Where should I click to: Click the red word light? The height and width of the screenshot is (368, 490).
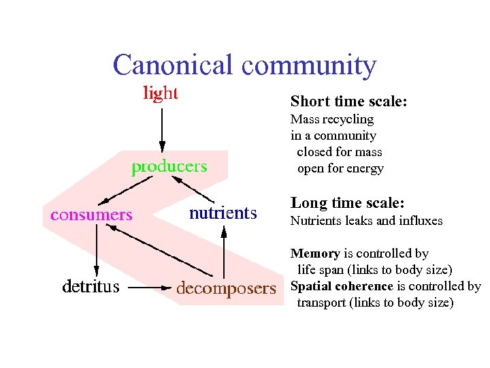tap(161, 93)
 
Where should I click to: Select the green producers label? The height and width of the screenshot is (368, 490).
tap(169, 166)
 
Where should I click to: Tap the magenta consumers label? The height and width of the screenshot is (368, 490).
tap(91, 215)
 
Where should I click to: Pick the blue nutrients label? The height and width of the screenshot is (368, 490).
tap(223, 213)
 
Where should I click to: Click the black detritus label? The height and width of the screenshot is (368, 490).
tap(91, 287)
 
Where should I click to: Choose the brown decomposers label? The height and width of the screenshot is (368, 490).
tap(226, 288)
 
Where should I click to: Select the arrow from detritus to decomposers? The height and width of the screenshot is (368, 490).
tap(147, 288)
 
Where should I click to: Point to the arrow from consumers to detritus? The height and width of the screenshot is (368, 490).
tap(96, 249)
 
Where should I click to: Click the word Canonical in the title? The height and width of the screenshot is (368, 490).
tap(174, 65)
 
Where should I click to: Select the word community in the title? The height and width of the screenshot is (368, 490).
tap(308, 65)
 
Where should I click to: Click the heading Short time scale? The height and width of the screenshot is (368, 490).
tap(348, 102)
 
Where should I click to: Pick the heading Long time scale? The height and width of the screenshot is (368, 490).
tap(347, 203)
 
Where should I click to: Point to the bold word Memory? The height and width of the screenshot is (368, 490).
tap(315, 254)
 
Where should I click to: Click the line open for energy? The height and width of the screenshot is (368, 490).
tap(340, 168)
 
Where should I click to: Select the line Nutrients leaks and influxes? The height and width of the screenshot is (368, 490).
tap(366, 220)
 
